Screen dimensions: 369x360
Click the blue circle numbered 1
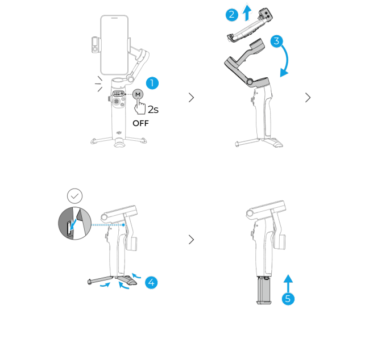pos(152,83)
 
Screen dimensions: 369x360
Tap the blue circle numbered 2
pos(232,15)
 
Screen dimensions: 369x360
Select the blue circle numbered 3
pos(276,41)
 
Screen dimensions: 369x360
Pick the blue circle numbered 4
pos(151,282)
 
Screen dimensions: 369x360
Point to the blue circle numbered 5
pos(288,299)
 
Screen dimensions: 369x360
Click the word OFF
pos(140,123)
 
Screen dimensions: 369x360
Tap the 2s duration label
pos(153,110)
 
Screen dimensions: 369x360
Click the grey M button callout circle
pos(138,94)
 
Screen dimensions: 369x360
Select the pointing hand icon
pos(139,106)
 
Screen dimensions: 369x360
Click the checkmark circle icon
pos(75,196)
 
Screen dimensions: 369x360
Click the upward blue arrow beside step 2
pos(247,12)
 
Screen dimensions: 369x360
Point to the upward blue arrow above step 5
pos(288,283)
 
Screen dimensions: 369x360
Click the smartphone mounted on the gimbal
pos(114,45)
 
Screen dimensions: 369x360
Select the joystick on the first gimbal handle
pos(116,101)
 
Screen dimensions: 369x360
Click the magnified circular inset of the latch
pos(75,223)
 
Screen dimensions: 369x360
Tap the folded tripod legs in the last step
pos(264,290)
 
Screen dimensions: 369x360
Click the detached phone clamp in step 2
pos(250,26)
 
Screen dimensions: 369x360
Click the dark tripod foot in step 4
pos(127,280)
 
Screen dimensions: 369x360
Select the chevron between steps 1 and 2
pos(192,98)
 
